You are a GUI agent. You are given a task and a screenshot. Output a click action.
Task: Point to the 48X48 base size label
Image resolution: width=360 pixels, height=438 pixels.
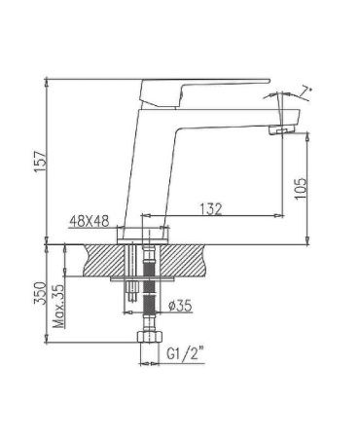pyautogui.click(x=90, y=223)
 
